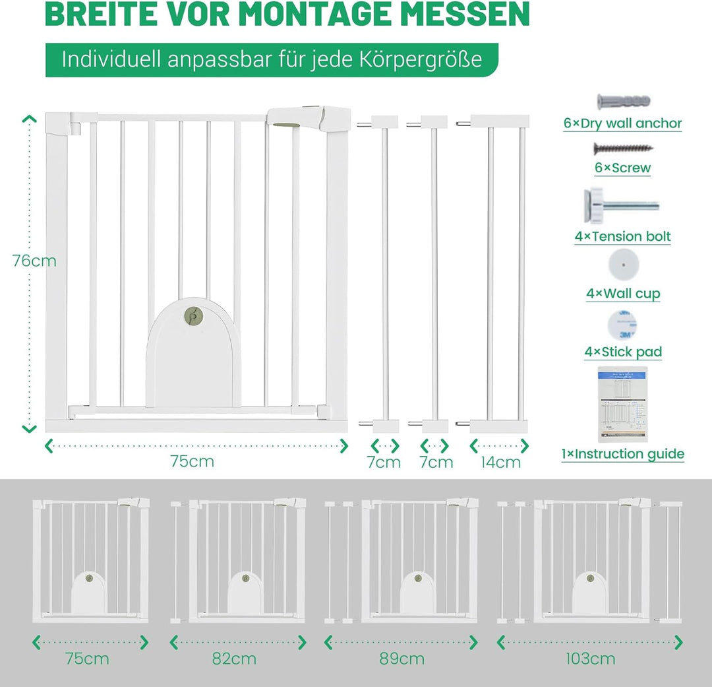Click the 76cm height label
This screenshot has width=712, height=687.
click(34, 261)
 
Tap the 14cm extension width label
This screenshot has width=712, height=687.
click(500, 463)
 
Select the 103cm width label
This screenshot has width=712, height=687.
click(590, 659)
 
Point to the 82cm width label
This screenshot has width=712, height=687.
click(234, 659)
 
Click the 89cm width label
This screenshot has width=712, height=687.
click(402, 659)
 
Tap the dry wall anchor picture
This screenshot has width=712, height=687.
click(624, 102)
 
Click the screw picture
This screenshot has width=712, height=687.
click(624, 148)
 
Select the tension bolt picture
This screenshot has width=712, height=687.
click(621, 205)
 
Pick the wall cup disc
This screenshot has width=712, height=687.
click(624, 265)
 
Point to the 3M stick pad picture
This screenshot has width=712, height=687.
click(622, 325)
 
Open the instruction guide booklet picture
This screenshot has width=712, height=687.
click(622, 404)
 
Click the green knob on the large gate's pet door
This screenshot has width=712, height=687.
click(194, 315)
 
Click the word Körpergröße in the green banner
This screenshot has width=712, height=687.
click(421, 59)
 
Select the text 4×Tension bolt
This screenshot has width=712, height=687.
click(622, 236)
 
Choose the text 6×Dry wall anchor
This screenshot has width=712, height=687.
click(622, 123)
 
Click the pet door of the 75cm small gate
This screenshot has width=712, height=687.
click(89, 592)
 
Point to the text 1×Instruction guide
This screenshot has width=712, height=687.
click(622, 454)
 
